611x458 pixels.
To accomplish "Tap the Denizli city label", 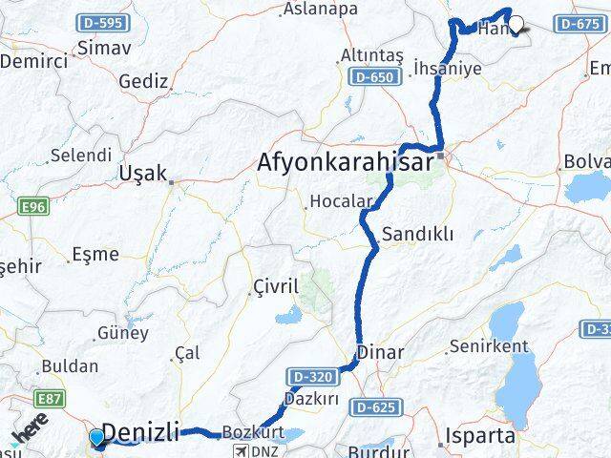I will (x=140, y=432).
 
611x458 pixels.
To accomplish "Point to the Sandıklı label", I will (x=417, y=234).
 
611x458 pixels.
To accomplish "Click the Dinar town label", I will (x=380, y=352).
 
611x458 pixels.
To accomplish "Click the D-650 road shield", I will (x=369, y=76).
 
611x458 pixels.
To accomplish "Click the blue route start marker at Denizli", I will (x=96, y=438).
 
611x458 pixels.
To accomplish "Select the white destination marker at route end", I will (x=516, y=25).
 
